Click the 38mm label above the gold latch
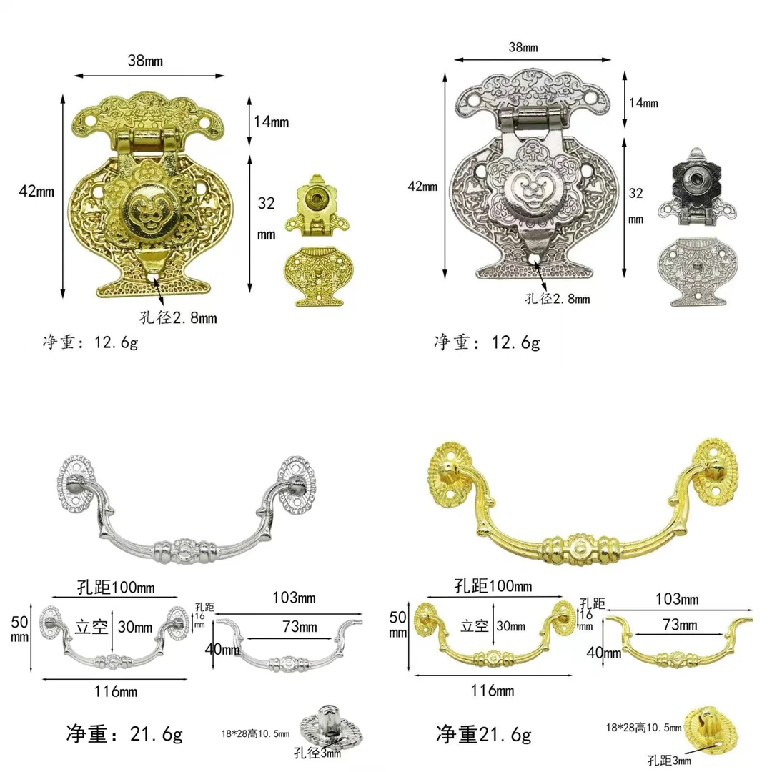pyautogui.click(x=145, y=61)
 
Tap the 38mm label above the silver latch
pyautogui.click(x=523, y=48)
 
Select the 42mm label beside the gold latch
pyautogui.click(x=36, y=191)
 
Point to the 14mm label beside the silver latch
pyautogui.click(x=643, y=103)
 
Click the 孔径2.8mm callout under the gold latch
pyautogui.click(x=178, y=317)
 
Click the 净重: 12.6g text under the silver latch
pyautogui.click(x=487, y=342)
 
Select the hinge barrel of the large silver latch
pyautogui.click(x=531, y=118)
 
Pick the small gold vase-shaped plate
pyautogui.click(x=317, y=276)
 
